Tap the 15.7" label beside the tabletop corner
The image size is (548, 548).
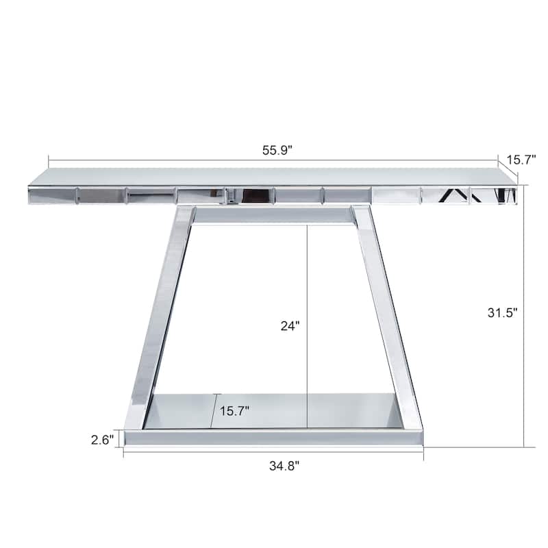[522, 160]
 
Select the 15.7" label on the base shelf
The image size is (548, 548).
[234, 411]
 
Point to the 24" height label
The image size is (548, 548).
[290, 326]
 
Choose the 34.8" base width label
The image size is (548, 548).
[284, 466]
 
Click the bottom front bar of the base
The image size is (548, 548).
[274, 437]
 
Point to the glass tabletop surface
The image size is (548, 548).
[274, 176]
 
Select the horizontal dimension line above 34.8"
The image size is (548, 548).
[274, 451]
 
